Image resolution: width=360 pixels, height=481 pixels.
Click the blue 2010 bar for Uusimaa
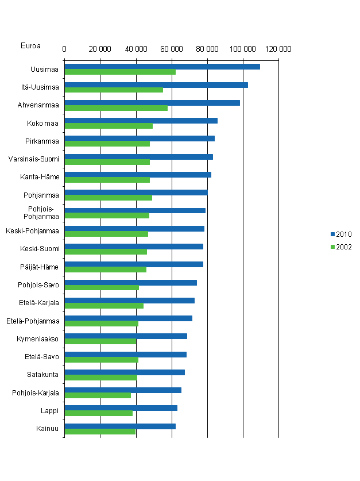click(162, 67)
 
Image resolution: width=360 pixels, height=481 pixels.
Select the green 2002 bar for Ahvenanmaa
click(116, 108)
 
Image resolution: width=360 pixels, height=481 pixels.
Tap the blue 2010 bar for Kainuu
click(120, 426)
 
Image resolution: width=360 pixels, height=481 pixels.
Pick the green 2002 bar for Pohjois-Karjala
click(98, 395)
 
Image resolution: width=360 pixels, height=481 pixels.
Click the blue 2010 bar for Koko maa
click(141, 121)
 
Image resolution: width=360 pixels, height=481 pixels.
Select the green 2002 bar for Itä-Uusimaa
click(114, 90)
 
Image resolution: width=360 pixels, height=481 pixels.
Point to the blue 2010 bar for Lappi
click(121, 408)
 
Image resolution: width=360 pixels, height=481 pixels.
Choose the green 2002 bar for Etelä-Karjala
click(104, 306)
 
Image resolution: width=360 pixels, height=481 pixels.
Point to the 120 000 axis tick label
click(278, 49)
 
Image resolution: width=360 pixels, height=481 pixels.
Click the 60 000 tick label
click(172, 49)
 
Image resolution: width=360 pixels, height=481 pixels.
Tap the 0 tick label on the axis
click(64, 49)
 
